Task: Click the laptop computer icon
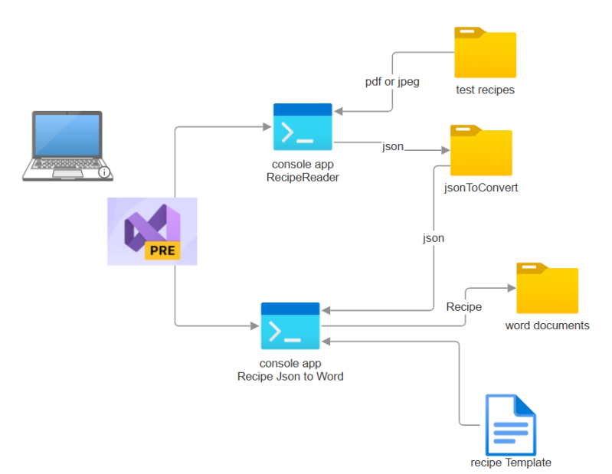(67, 145)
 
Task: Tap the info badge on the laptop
(105, 172)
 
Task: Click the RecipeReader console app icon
(303, 126)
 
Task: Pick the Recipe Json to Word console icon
(290, 325)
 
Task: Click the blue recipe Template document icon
(510, 424)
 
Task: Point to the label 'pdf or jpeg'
(392, 82)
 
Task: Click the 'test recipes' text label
(485, 90)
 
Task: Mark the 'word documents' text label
(547, 325)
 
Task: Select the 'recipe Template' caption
(511, 463)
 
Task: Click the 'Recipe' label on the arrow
(463, 306)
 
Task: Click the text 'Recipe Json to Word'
(290, 376)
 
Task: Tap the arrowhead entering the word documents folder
(512, 288)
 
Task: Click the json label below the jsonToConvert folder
(434, 238)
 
